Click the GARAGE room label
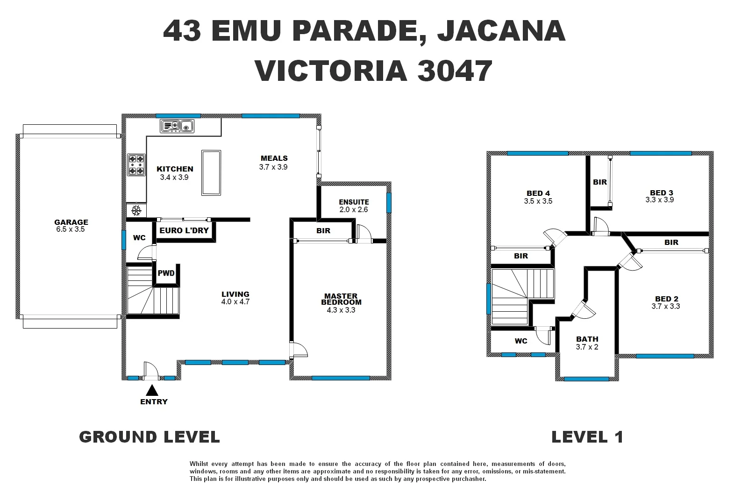coord(71,222)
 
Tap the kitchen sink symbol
coord(178,126)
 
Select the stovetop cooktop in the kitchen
coord(136,165)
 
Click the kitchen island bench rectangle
coord(211,172)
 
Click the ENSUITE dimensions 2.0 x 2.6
coord(354,210)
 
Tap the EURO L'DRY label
coord(184,230)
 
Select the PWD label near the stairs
coord(166,273)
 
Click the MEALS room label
coord(274,158)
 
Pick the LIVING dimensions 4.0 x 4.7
coord(235,302)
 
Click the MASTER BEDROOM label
coord(341,299)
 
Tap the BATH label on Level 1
coord(587,339)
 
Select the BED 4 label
coord(538,193)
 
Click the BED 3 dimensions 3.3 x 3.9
coord(659,200)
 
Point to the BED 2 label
coord(666,299)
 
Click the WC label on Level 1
coord(521,341)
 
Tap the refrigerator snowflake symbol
coord(136,211)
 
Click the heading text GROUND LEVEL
coord(150,437)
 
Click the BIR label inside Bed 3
coord(599,182)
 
